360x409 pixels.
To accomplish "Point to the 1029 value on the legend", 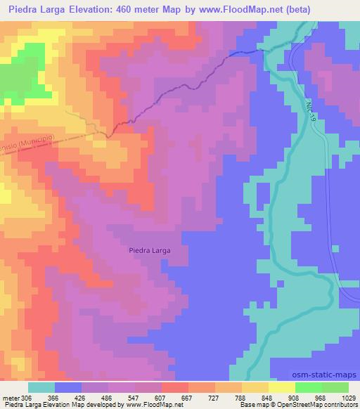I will [349, 398].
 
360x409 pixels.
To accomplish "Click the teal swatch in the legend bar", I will [41, 387].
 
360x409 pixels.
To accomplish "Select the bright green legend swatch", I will [308, 387].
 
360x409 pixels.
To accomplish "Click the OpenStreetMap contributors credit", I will [316, 405].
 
